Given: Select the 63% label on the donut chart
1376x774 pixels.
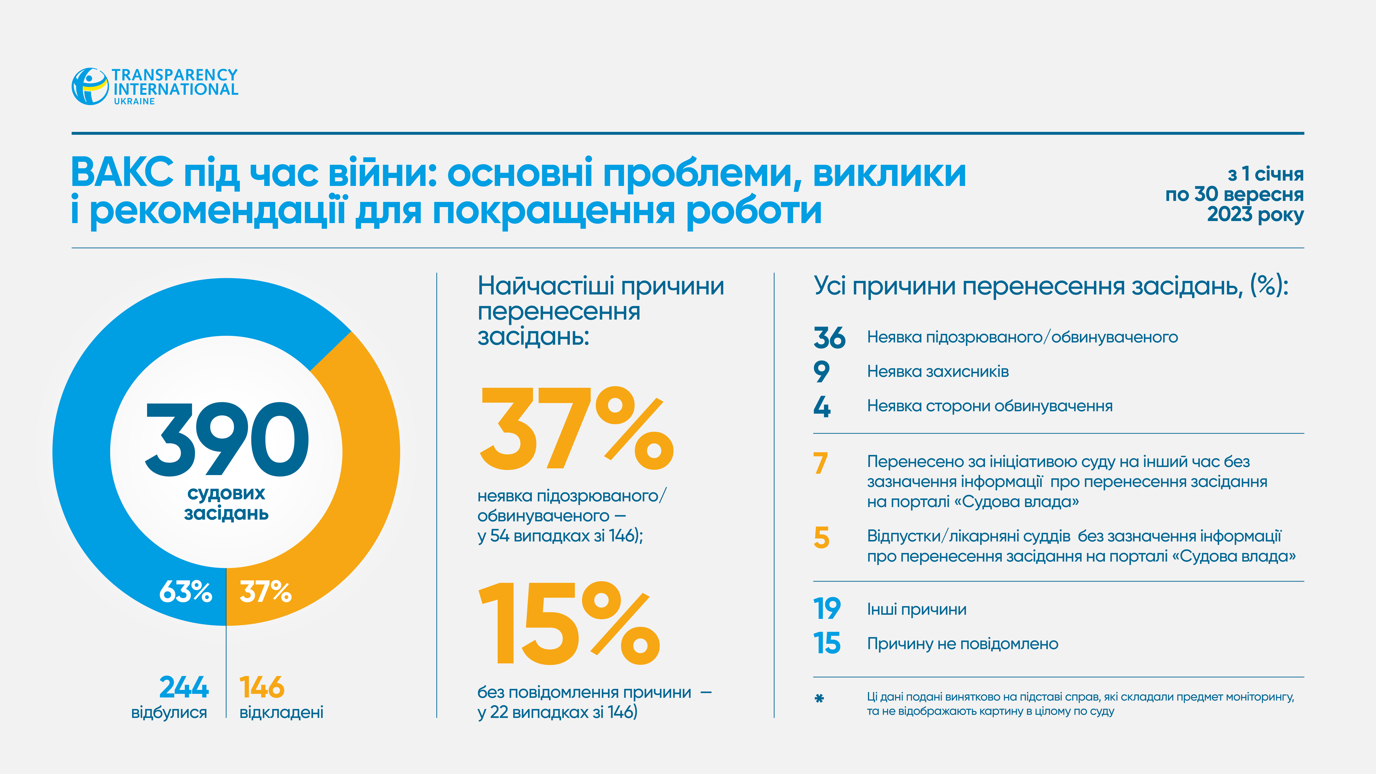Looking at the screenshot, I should click(185, 592).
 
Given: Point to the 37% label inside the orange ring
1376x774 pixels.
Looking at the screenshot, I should click(265, 592).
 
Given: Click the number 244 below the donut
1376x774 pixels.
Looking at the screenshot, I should click(184, 687).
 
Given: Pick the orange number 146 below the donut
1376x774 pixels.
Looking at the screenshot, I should click(262, 687).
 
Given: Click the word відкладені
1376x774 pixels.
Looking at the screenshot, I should click(282, 713).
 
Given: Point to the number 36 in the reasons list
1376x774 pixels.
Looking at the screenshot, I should click(829, 338).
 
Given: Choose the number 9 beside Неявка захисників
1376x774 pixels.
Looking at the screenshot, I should click(821, 372).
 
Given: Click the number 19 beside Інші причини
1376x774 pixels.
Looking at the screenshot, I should click(827, 609).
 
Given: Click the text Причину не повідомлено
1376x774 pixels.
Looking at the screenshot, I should click(963, 644).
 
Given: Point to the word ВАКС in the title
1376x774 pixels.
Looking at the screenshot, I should click(122, 173).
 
